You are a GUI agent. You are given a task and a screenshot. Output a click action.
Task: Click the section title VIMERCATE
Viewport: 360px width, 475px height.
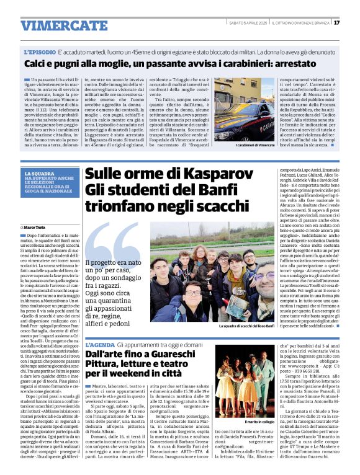click(x=55, y=25)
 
